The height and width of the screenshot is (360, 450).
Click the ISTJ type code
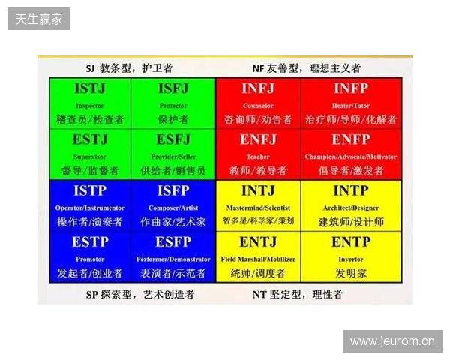tap(90, 89)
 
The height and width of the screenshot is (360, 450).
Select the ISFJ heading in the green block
tap(173, 89)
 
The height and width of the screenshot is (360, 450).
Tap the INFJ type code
tap(258, 89)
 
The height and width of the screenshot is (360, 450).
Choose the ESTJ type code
tap(90, 140)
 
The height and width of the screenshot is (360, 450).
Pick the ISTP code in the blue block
tap(90, 191)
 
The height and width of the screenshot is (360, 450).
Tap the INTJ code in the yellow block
tap(258, 191)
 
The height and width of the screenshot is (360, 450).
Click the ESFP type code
tap(173, 242)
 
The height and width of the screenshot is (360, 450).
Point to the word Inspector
tap(90, 106)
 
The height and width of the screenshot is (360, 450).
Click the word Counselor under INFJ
tap(258, 106)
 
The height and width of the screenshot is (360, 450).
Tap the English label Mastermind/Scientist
tap(258, 208)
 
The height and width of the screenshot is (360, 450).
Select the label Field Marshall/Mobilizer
tap(258, 259)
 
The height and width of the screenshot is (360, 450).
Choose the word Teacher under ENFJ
tap(258, 157)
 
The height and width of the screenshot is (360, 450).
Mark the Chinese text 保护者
tap(173, 120)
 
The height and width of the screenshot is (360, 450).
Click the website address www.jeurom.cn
tap(392, 342)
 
